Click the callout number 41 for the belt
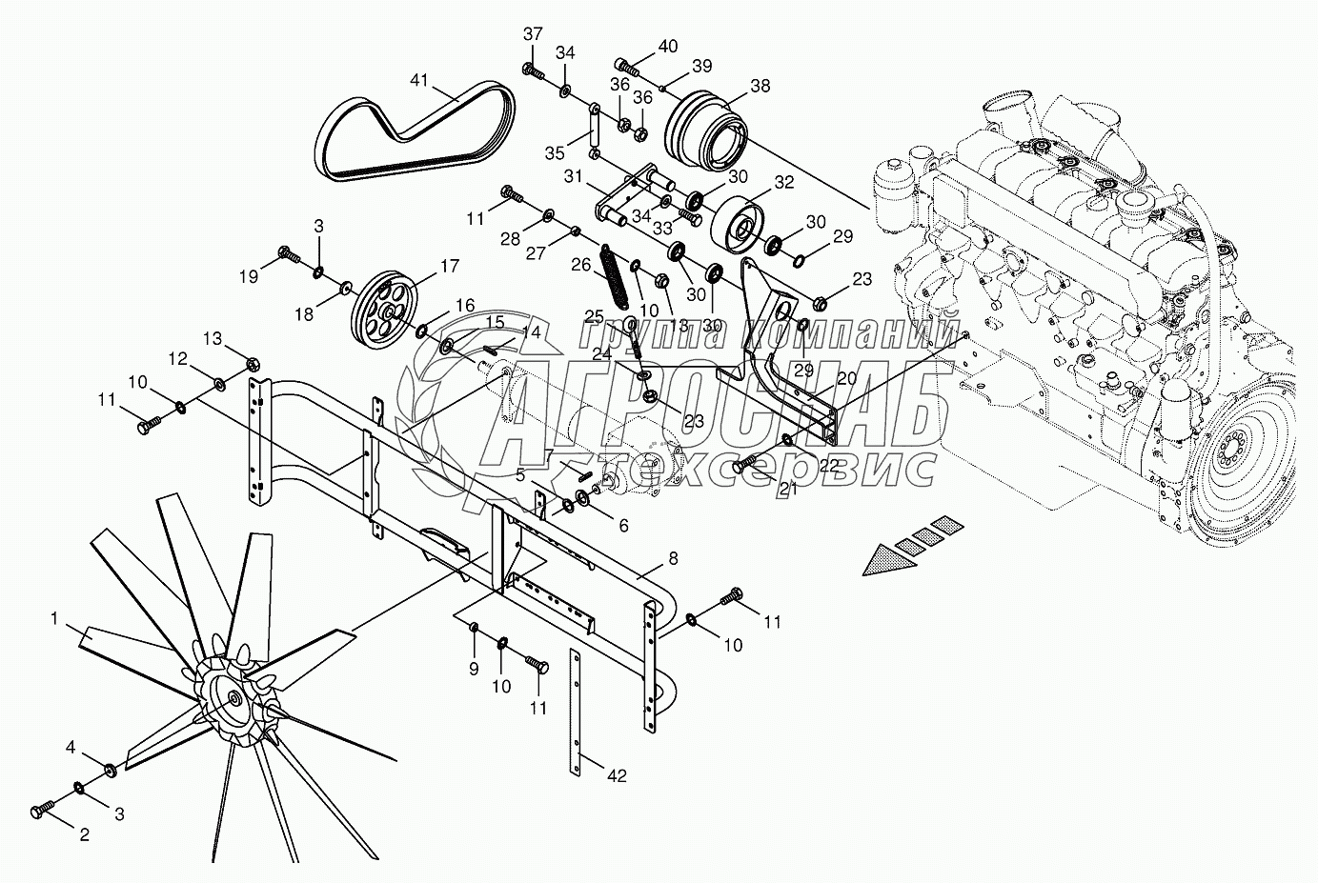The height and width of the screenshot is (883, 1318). pos(419,79)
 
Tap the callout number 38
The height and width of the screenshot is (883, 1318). pos(760,86)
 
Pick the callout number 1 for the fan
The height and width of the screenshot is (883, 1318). pos(56,619)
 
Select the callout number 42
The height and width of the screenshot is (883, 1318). pos(617,776)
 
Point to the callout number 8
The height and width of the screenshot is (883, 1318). pos(673,560)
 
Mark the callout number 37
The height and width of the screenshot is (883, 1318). pos(533,34)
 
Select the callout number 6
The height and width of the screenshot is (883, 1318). pos(623,525)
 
